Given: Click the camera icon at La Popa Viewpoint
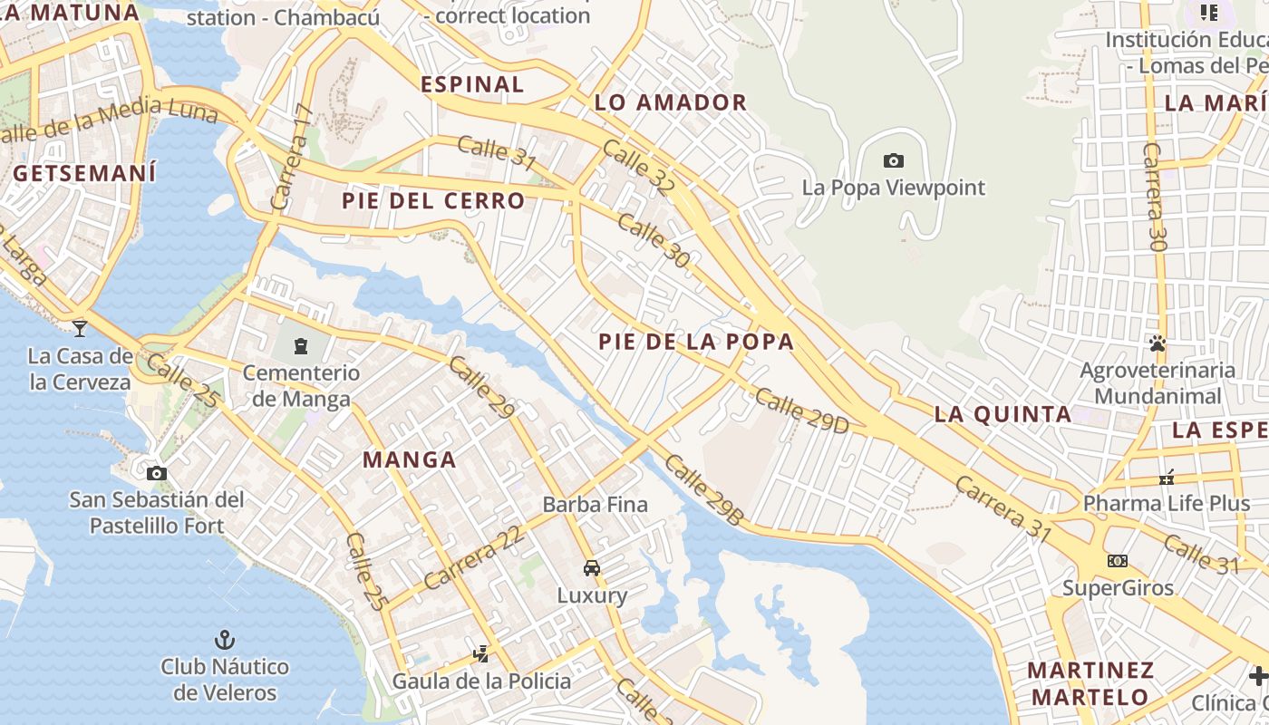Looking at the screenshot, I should [893, 161].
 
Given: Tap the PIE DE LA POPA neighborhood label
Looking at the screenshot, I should [696, 342].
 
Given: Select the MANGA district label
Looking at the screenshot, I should [410, 459].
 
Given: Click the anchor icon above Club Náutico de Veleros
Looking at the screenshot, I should [225, 640].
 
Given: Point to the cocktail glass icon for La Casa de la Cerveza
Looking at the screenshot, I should [80, 328].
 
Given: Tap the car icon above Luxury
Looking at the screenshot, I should [592, 568].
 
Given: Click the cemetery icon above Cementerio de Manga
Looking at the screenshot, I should [301, 345].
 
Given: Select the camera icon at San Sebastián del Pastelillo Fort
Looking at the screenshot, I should [157, 473].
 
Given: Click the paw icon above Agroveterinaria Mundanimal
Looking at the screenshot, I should [1158, 343].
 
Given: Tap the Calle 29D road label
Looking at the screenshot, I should [801, 411].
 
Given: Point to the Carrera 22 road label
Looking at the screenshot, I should [474, 558].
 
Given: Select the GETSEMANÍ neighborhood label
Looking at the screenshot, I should [84, 172].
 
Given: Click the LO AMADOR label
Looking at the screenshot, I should [671, 102].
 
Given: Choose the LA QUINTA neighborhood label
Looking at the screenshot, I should [1003, 415].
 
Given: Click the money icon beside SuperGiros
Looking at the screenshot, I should [1118, 561].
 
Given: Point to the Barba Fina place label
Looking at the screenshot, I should [596, 505].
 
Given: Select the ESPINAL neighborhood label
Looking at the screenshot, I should [472, 84].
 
